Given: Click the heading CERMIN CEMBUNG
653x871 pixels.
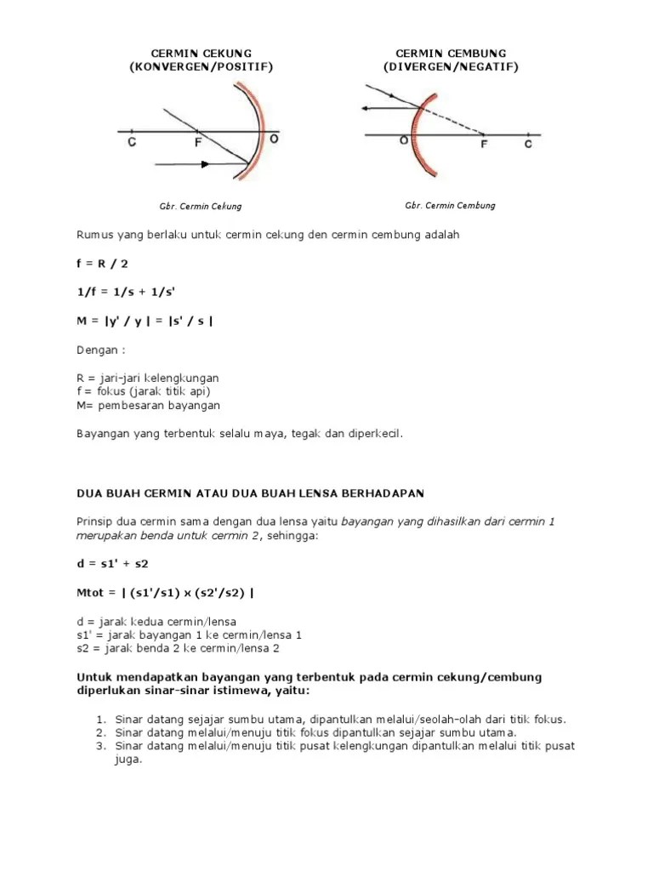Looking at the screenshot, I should (451, 53).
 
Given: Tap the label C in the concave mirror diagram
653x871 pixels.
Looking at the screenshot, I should (133, 143).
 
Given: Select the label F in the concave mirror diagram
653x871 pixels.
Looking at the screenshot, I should (197, 143).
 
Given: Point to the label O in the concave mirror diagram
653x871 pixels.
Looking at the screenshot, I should (273, 139).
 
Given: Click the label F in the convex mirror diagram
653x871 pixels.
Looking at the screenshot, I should (485, 145).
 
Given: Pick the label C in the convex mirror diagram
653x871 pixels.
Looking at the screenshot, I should (528, 145).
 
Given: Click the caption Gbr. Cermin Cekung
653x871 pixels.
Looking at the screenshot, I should (201, 206).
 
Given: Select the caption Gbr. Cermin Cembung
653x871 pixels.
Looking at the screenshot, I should (450, 205).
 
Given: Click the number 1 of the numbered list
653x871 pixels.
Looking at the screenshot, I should (99, 719).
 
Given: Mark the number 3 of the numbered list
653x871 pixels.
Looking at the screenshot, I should (99, 746).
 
